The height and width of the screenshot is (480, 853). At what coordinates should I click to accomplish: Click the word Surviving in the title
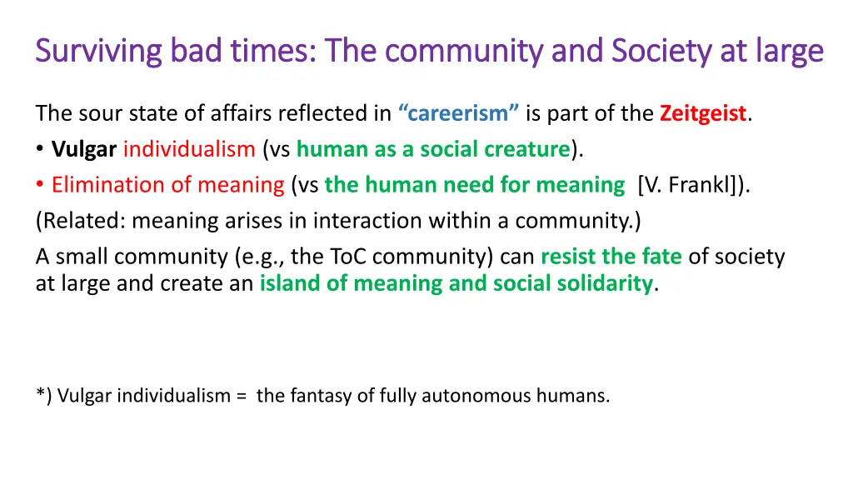point(98,52)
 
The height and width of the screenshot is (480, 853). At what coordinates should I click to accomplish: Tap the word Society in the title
point(657,52)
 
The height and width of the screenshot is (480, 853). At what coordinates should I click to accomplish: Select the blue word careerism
point(459,113)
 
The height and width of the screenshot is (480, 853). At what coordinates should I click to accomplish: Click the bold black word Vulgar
point(84,149)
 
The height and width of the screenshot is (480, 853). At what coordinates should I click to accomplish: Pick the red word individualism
point(189,149)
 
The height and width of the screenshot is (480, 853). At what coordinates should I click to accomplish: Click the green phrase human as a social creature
point(433,149)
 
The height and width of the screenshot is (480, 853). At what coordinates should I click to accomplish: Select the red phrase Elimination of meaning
point(168,185)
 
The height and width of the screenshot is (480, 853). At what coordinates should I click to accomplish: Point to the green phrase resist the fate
point(611,257)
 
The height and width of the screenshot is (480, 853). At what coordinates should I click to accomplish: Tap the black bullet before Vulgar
point(41,150)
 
